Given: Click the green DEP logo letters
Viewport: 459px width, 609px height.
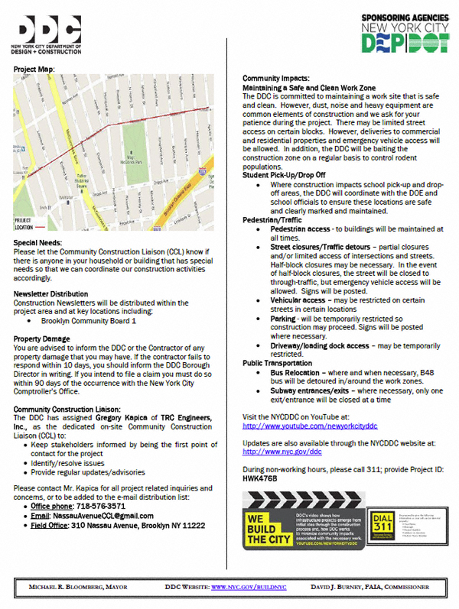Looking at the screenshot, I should (379, 44).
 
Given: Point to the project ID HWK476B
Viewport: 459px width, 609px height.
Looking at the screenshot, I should (259, 478).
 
